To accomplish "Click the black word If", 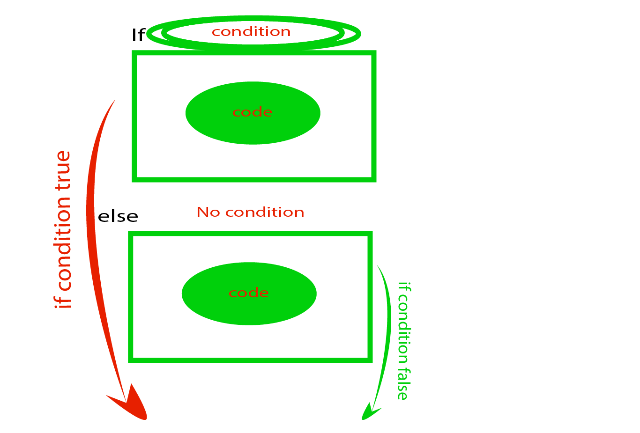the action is click(138, 35).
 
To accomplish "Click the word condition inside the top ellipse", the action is click(251, 32).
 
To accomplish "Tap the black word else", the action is click(118, 217).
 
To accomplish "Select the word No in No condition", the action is click(208, 213).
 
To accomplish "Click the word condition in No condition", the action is click(265, 213).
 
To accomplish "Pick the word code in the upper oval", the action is click(253, 112).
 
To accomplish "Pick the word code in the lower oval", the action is click(249, 293).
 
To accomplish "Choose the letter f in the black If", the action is click(141, 35).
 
